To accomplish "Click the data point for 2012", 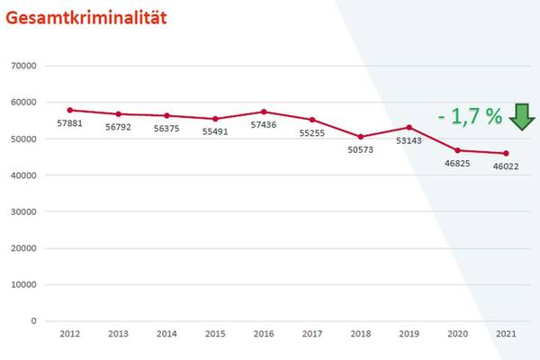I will (x=69, y=110).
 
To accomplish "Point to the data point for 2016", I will (x=264, y=112).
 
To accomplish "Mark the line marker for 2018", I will (x=361, y=137).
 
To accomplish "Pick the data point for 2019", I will (x=409, y=127).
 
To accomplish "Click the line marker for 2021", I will (x=506, y=153).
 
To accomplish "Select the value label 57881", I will (x=69, y=123).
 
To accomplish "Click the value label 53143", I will (x=409, y=141).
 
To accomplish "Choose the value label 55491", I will (x=215, y=131).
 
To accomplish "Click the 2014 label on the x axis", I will (x=166, y=334).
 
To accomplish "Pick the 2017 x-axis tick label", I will (x=312, y=334).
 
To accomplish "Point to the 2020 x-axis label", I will (x=457, y=334).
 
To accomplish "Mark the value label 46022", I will (x=506, y=167).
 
